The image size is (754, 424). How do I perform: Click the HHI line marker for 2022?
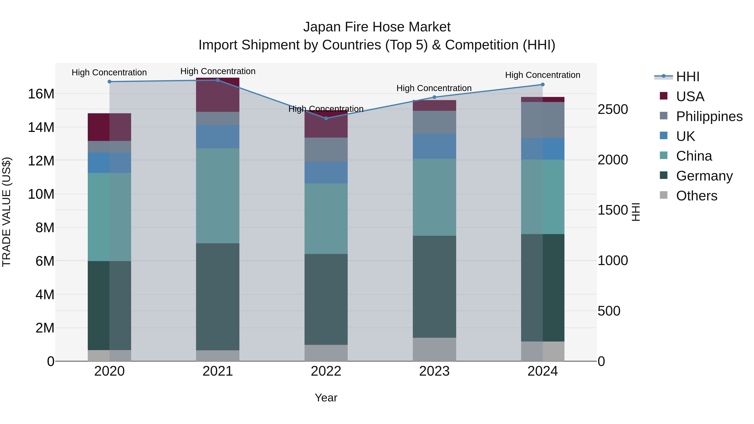326,118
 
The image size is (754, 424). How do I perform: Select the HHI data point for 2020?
110,82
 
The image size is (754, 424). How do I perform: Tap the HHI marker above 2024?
543,85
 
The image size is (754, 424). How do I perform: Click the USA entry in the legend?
690,97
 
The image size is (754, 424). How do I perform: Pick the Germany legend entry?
704,176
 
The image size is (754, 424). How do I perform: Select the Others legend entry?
696,196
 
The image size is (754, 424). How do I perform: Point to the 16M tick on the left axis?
41,94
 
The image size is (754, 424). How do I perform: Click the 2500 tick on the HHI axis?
613,110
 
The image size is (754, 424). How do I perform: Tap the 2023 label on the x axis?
434,371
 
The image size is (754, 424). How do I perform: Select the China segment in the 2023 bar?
434,197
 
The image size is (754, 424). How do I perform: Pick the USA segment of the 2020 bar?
110,127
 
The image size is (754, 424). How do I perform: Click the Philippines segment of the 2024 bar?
543,120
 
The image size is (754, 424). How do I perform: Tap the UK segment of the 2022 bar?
326,173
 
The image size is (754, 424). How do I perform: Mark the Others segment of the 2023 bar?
434,349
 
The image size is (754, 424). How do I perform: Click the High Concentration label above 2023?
434,88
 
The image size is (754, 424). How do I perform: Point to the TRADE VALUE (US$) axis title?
6,212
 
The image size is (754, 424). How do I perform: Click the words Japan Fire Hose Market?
377,27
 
